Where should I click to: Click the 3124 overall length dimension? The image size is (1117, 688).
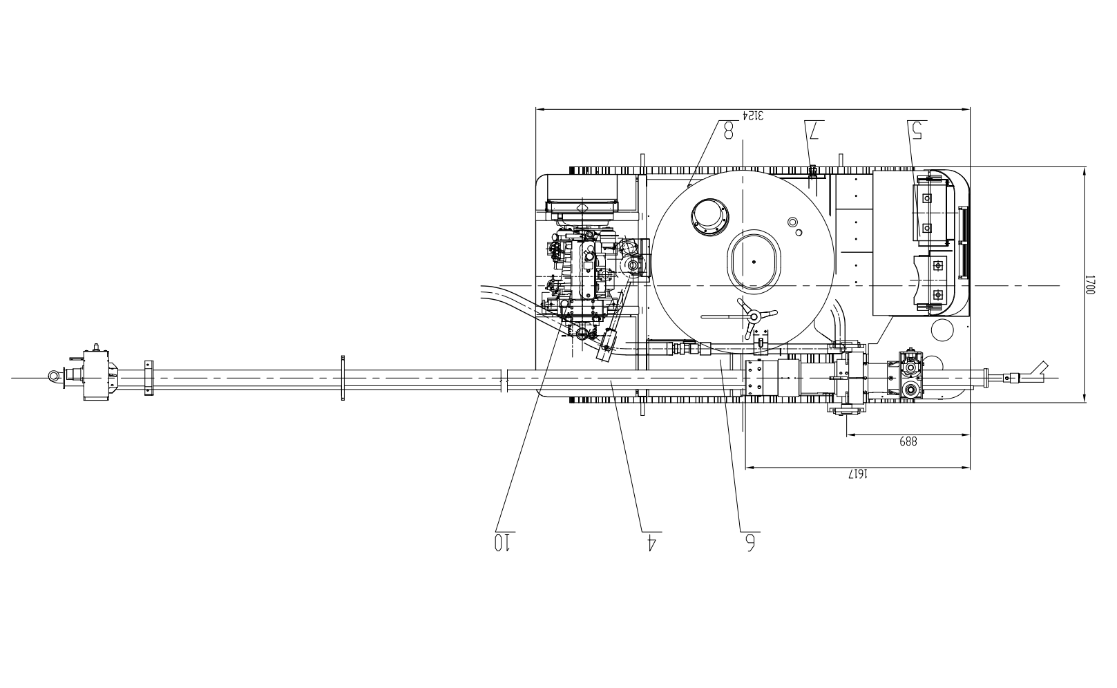753,115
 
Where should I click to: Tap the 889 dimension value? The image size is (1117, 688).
908,441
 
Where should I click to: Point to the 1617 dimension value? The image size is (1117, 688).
859,474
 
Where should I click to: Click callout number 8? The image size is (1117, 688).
729,130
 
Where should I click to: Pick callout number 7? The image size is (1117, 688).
814,130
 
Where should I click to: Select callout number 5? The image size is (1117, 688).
917,130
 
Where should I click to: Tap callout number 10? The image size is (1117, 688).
503,542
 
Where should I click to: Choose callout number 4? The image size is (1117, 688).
650,542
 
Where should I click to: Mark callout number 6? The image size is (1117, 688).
750,542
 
